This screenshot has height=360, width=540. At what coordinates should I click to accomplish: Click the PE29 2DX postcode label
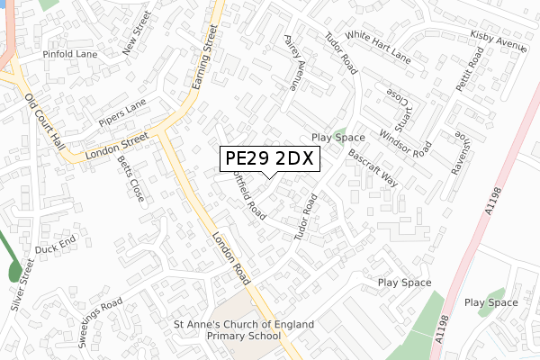(x=267, y=158)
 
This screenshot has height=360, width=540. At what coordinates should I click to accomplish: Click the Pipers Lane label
(x=121, y=112)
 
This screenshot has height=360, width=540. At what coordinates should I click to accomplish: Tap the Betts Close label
(x=130, y=178)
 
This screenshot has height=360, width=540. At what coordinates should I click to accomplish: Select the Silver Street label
(x=22, y=287)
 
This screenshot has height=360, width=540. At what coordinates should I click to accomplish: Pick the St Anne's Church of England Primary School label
(x=245, y=329)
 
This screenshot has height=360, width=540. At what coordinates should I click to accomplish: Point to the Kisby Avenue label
(x=499, y=40)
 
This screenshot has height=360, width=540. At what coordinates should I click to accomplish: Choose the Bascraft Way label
(x=373, y=167)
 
